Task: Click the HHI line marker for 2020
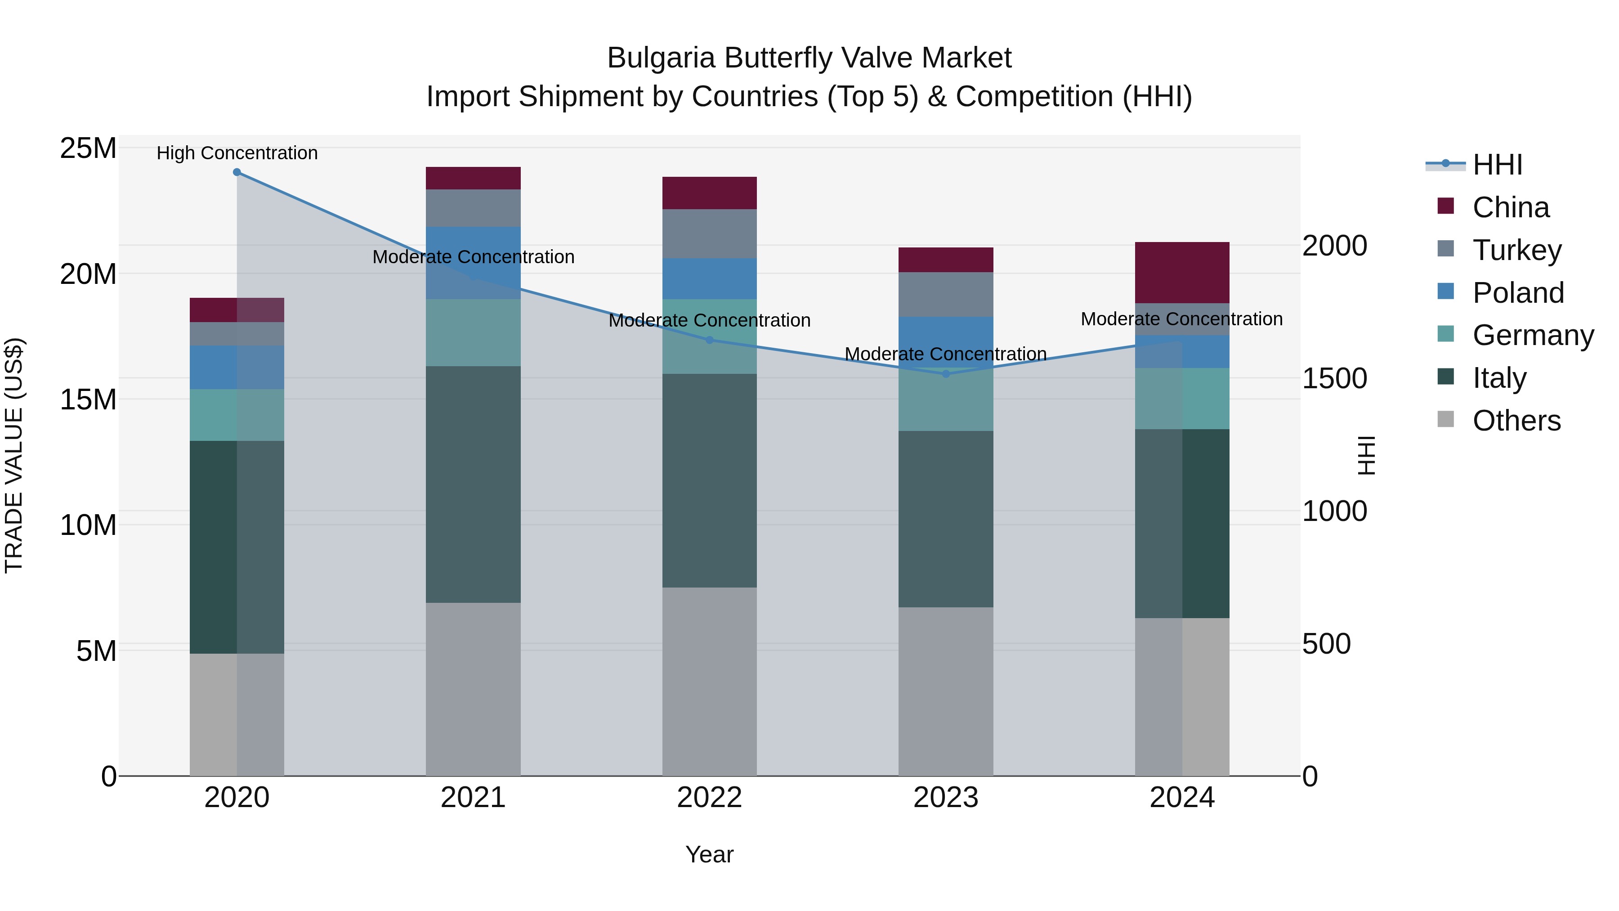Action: coord(237,172)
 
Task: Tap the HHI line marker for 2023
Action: coord(945,374)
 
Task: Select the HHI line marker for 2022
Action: coord(710,340)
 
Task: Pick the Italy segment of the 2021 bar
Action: coord(473,484)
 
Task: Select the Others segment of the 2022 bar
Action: coord(710,682)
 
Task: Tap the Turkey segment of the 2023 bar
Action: coord(945,294)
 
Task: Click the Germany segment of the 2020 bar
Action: coord(237,415)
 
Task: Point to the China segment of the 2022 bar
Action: coord(710,193)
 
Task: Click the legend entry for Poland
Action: coord(1517,293)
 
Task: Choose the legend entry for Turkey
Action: coord(1516,250)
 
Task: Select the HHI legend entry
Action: coord(1497,165)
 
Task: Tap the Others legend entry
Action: coord(1516,421)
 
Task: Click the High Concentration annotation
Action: coord(237,153)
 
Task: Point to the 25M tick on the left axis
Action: coord(88,148)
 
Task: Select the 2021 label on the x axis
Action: coord(473,798)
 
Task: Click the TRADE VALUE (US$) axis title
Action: coord(14,455)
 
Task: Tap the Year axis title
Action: coord(710,854)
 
